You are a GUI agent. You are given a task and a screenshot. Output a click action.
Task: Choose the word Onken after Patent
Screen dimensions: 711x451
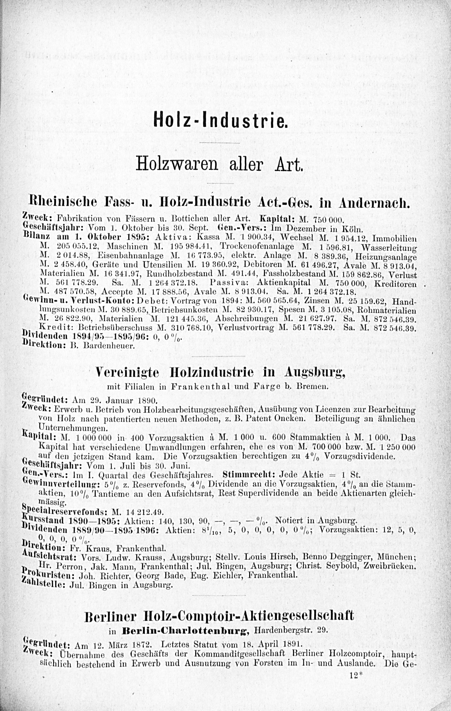coord(294,418)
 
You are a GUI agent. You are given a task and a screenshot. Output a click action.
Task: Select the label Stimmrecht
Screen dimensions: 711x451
coord(249,475)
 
